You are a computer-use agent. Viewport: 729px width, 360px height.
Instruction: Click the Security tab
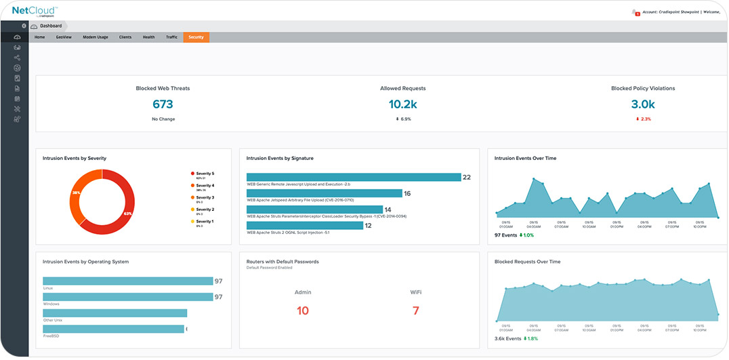pos(196,37)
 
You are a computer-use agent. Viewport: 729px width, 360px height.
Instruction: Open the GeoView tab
pos(66,37)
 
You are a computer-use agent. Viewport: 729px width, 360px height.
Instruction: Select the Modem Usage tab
pos(95,37)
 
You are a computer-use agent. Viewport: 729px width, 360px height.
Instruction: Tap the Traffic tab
pos(171,37)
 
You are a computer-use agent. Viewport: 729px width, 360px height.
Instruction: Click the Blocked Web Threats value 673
pos(163,104)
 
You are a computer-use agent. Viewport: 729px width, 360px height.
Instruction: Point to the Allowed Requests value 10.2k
pos(403,104)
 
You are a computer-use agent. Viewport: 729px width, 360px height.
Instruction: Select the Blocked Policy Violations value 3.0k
pos(643,104)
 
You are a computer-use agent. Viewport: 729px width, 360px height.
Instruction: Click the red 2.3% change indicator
pos(643,119)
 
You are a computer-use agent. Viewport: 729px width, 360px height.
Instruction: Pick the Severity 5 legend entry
pos(204,174)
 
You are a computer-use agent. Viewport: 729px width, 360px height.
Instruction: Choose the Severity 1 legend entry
pos(204,222)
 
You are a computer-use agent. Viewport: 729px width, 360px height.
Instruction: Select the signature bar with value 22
pos(353,177)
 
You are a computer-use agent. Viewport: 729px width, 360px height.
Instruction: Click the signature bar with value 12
pos(305,225)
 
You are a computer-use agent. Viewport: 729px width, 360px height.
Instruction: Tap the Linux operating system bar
pos(127,281)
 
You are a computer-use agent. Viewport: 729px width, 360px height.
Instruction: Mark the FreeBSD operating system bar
pos(113,329)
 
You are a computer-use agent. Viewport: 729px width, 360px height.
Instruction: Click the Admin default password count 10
pos(303,311)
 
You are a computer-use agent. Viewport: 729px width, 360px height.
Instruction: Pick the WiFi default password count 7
pos(416,311)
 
